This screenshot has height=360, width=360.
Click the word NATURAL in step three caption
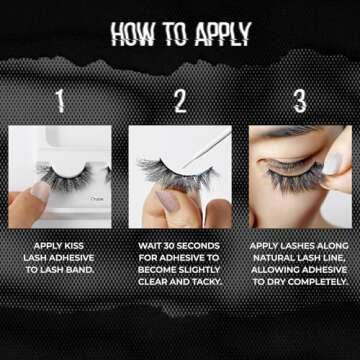277,255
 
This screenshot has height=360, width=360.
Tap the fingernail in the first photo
39,190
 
